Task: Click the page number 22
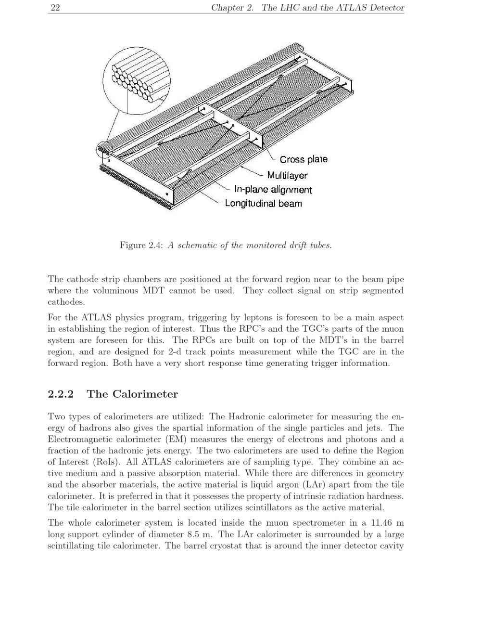(55, 7)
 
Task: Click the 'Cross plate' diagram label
(304, 159)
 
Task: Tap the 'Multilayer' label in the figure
(287, 175)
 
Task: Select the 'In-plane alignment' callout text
(273, 190)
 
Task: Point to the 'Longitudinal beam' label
(264, 203)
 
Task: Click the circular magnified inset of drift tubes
(137, 81)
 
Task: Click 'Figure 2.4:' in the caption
(141, 246)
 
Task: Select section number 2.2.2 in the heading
(61, 394)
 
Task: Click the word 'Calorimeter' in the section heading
(145, 394)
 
